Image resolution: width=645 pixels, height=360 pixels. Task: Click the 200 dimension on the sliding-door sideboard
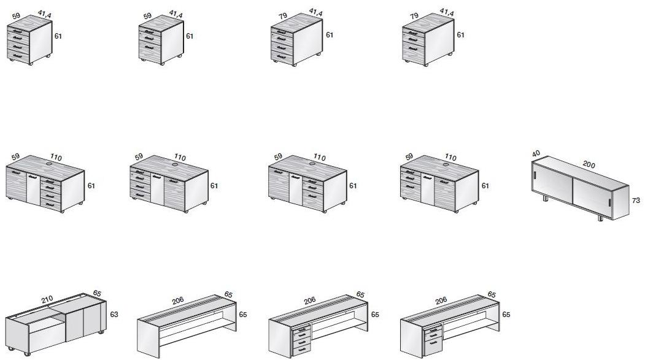click(x=589, y=164)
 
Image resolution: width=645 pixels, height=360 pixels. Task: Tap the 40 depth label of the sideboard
click(x=536, y=154)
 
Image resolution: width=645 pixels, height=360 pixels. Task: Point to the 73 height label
click(x=636, y=201)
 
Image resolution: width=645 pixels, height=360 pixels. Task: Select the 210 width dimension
click(x=47, y=299)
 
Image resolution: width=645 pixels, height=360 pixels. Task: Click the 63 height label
click(x=114, y=315)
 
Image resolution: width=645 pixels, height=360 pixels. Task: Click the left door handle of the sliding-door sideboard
click(x=535, y=175)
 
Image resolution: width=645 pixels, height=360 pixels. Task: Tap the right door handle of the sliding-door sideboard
click(x=609, y=202)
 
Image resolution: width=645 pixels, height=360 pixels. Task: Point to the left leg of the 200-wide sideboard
click(x=546, y=198)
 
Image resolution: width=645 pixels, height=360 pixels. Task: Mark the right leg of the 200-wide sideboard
click(x=600, y=218)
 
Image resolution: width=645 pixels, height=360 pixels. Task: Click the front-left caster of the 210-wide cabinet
click(x=27, y=353)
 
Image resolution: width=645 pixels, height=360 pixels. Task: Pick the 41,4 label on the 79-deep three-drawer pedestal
click(x=446, y=12)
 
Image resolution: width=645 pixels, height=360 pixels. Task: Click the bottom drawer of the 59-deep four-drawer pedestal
click(x=18, y=56)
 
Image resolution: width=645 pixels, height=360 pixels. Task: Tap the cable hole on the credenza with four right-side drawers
click(x=50, y=164)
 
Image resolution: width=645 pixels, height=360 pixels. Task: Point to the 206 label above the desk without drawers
click(x=178, y=301)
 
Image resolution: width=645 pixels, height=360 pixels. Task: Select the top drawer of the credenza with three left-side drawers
click(x=411, y=172)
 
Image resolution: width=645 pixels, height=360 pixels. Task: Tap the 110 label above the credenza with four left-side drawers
click(x=180, y=157)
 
